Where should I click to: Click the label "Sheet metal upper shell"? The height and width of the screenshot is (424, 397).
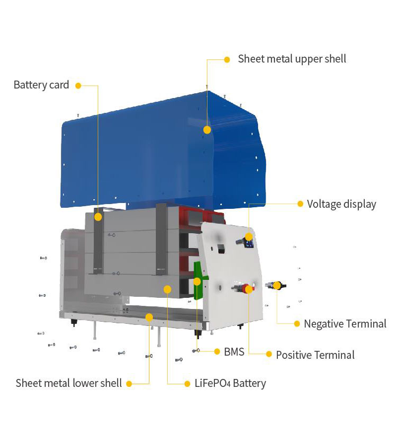292,59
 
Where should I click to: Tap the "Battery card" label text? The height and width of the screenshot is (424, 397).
41,85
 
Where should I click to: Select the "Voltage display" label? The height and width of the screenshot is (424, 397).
341,204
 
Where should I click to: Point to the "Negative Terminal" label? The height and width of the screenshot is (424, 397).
345,323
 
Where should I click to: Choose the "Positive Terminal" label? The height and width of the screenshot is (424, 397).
315,355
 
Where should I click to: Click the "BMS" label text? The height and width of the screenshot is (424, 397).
234,351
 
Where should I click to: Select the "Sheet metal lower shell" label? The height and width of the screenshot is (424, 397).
69,383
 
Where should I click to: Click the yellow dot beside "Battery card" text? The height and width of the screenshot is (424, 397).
79,85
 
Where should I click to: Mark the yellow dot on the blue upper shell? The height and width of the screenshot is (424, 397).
207,129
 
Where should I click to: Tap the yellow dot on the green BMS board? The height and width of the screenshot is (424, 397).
197,281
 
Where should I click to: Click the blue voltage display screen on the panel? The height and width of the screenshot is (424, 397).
249,244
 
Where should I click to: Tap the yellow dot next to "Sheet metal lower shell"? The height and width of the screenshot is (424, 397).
129,383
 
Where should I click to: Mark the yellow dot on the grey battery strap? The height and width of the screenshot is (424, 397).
98,217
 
